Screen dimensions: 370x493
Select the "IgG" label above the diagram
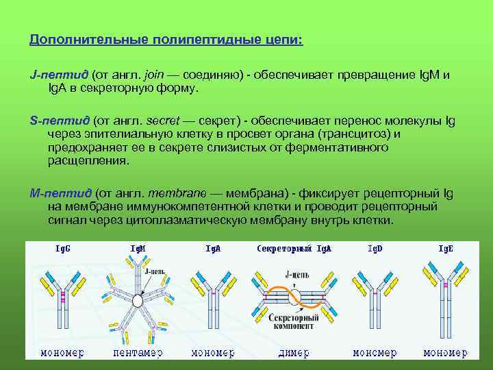[x=62, y=248]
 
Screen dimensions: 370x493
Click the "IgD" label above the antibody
[x=375, y=248]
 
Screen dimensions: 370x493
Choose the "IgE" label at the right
[x=446, y=248]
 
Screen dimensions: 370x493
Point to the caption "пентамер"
[x=138, y=353]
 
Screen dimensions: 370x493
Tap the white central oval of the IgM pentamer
[x=138, y=301]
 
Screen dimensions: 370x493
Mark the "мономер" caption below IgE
[x=445, y=353]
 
